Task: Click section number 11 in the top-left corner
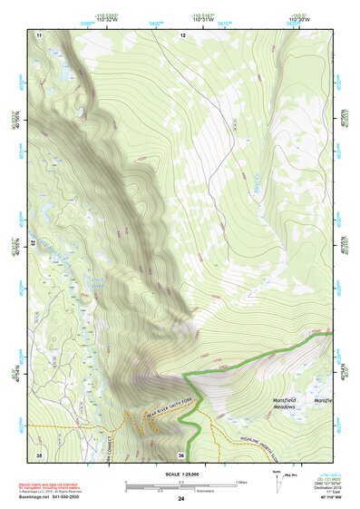pos(39,34)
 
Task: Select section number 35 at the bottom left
pos(39,453)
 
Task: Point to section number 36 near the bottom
pos(182,454)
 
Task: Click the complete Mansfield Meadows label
pos(289,403)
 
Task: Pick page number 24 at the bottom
pos(181,499)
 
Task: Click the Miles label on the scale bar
pos(240,482)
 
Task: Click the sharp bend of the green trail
pos(184,374)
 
